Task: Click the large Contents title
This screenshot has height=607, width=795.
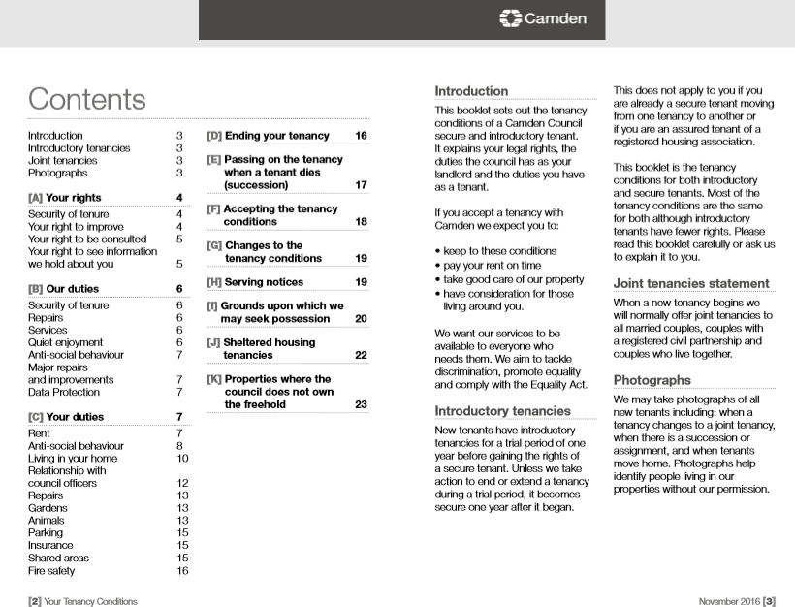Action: [86, 99]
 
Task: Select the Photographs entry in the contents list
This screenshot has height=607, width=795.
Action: [57, 174]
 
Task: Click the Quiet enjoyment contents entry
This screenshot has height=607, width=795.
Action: [65, 342]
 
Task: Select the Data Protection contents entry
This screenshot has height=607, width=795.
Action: [63, 393]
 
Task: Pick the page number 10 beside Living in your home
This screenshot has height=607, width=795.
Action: [182, 458]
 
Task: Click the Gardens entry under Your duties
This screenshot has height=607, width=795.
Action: [48, 508]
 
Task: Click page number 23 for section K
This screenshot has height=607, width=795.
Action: [361, 404]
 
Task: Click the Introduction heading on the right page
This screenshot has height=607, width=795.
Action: [471, 91]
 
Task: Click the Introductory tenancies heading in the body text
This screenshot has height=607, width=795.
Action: [501, 410]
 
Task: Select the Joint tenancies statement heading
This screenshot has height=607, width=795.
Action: [690, 284]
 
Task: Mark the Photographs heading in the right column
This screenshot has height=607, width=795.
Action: [652, 380]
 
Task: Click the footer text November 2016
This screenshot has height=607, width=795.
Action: [728, 601]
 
